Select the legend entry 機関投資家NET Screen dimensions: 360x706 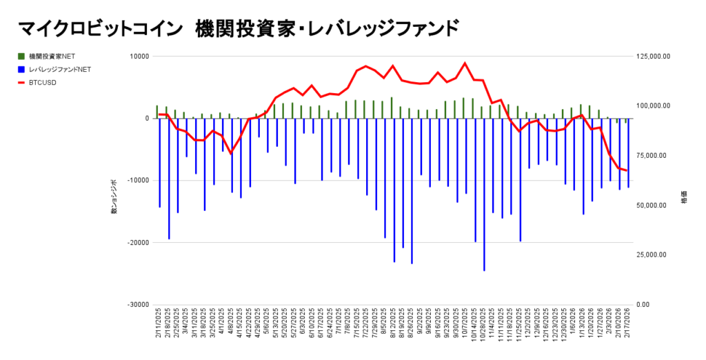[52, 55]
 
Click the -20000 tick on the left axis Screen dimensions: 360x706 [138, 243]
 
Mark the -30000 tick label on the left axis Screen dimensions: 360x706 [138, 305]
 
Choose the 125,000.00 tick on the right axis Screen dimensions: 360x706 [652, 57]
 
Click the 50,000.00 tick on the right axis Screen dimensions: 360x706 [652, 206]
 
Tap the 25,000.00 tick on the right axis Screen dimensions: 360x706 [652, 255]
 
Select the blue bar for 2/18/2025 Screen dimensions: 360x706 [169, 179]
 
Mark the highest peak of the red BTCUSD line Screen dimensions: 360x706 [465, 63]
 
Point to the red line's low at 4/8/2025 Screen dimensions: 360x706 [232, 153]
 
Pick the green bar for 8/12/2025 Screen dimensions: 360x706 [392, 108]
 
